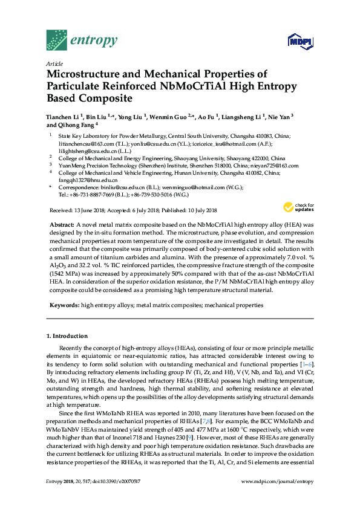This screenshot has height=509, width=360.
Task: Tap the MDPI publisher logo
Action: click(300, 42)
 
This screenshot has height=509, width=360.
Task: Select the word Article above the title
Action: click(54, 63)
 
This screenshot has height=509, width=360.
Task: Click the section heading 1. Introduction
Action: click(67, 336)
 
